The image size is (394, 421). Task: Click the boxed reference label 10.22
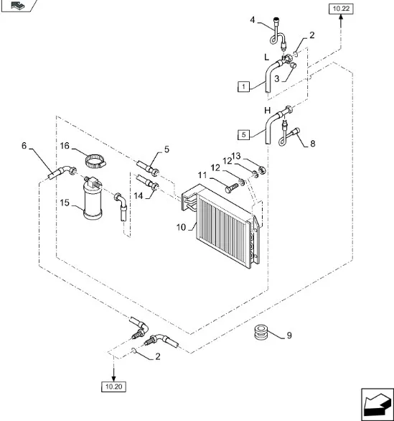click(x=341, y=9)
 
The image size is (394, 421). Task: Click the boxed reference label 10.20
click(x=113, y=387)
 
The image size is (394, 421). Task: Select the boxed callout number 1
click(x=243, y=87)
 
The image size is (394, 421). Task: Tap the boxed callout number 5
click(x=243, y=134)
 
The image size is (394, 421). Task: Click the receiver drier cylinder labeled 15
click(x=93, y=198)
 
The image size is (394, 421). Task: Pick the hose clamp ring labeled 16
click(x=95, y=161)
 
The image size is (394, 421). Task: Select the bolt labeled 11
click(x=232, y=188)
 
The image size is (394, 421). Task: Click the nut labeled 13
click(x=262, y=170)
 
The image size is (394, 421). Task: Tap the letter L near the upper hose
click(x=266, y=57)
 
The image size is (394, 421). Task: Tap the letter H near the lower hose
click(x=268, y=111)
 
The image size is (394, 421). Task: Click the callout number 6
click(x=24, y=146)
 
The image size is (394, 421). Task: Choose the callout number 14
click(x=139, y=195)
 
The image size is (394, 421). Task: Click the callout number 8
click(x=312, y=144)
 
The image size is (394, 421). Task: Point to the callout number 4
click(x=253, y=20)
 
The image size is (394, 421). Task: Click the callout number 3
click(x=277, y=79)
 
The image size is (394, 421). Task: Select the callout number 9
click(x=289, y=336)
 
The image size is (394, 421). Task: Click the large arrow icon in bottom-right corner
click(x=377, y=404)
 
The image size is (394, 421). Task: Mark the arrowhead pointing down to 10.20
click(x=113, y=378)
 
